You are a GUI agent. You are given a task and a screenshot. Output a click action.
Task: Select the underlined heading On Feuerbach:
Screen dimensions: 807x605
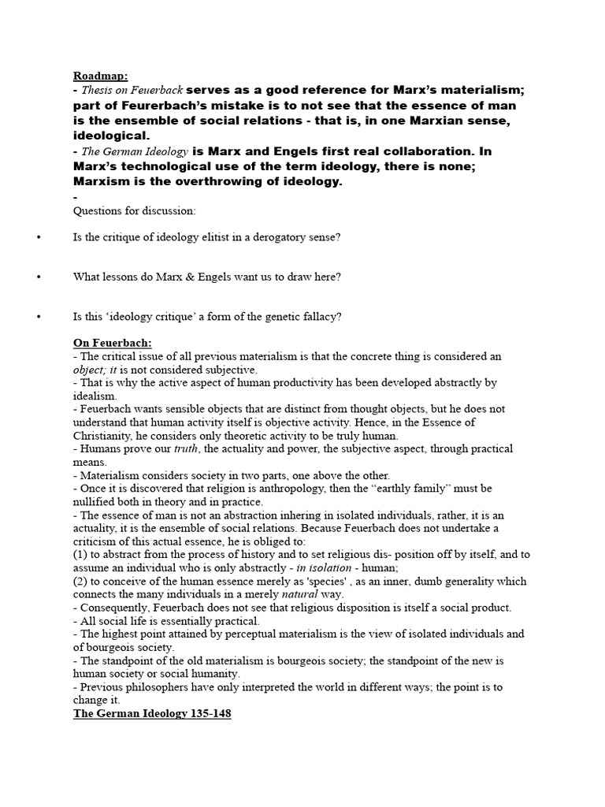pyautogui.click(x=113, y=343)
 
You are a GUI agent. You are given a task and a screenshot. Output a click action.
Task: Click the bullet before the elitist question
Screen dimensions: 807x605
pyautogui.click(x=39, y=237)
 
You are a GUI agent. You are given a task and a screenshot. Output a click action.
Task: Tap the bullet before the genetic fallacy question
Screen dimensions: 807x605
pyautogui.click(x=39, y=317)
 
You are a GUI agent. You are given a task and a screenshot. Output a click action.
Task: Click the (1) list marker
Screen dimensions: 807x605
pyautogui.click(x=80, y=555)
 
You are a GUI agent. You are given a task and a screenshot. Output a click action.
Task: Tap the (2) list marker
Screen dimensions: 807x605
pyautogui.click(x=80, y=581)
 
